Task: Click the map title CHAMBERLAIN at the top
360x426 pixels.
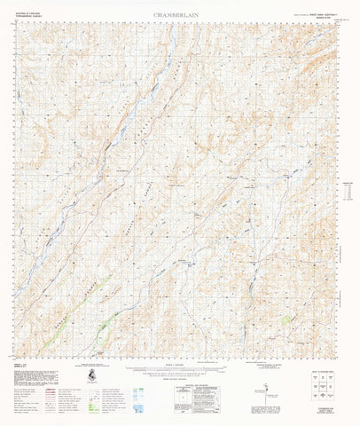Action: coord(180,16)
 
